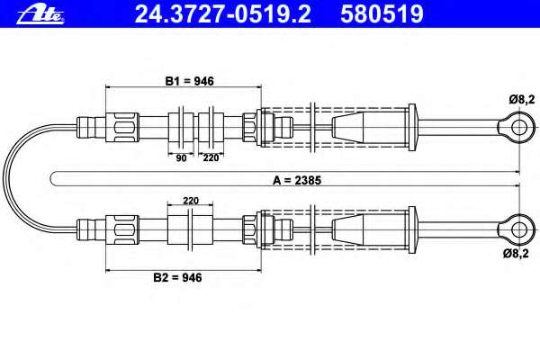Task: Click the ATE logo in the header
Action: click(40, 14)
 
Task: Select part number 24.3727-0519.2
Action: click(223, 14)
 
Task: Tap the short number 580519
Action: click(382, 14)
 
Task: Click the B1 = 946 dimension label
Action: click(189, 81)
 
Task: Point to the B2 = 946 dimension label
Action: click(177, 277)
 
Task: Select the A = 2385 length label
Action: click(297, 180)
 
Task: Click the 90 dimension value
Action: click(181, 158)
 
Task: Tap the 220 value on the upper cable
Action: click(211, 157)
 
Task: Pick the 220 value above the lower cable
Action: click(191, 201)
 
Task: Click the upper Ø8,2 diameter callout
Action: click(522, 100)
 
